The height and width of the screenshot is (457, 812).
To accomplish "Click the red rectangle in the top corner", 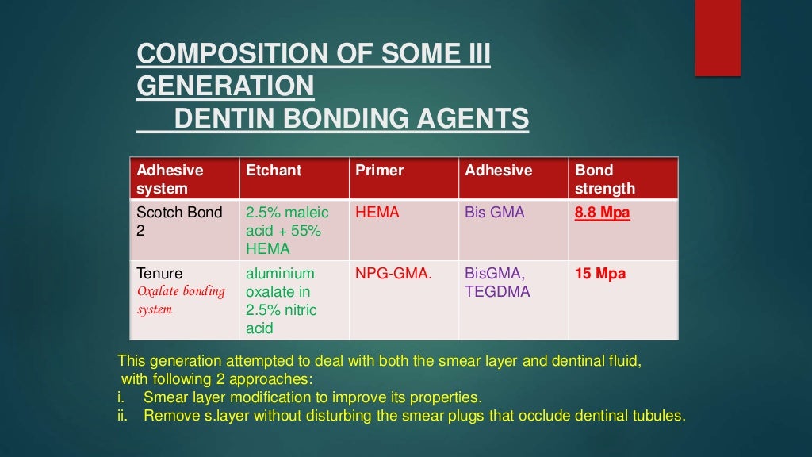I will point(718,37).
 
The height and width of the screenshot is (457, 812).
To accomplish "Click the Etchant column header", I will point(274,171).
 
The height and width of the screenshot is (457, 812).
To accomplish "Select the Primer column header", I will point(379,171).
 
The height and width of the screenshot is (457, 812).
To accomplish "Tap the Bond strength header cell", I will point(605,179).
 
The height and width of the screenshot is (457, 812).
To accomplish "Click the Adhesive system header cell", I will point(170,179).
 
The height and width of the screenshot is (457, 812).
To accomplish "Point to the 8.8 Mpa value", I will point(602,213).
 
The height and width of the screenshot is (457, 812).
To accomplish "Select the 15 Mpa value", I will point(599,274).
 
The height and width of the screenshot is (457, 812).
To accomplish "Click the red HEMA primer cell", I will point(377,213).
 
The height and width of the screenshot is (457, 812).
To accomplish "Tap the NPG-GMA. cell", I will point(394,274).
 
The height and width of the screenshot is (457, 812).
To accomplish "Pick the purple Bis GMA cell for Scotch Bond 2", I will point(495,213).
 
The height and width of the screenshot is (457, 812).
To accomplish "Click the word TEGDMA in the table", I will point(497,292).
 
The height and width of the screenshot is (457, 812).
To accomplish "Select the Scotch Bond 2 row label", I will point(179,221).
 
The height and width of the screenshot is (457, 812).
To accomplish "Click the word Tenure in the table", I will point(159,274).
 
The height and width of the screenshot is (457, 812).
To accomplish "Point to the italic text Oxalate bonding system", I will point(181,300).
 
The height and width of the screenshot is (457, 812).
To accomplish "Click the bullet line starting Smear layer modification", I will point(312,397).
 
